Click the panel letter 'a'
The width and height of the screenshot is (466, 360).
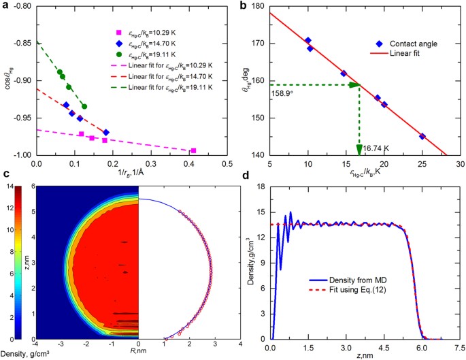tap(5, 5)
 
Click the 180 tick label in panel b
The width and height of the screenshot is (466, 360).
tap(257, 7)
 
